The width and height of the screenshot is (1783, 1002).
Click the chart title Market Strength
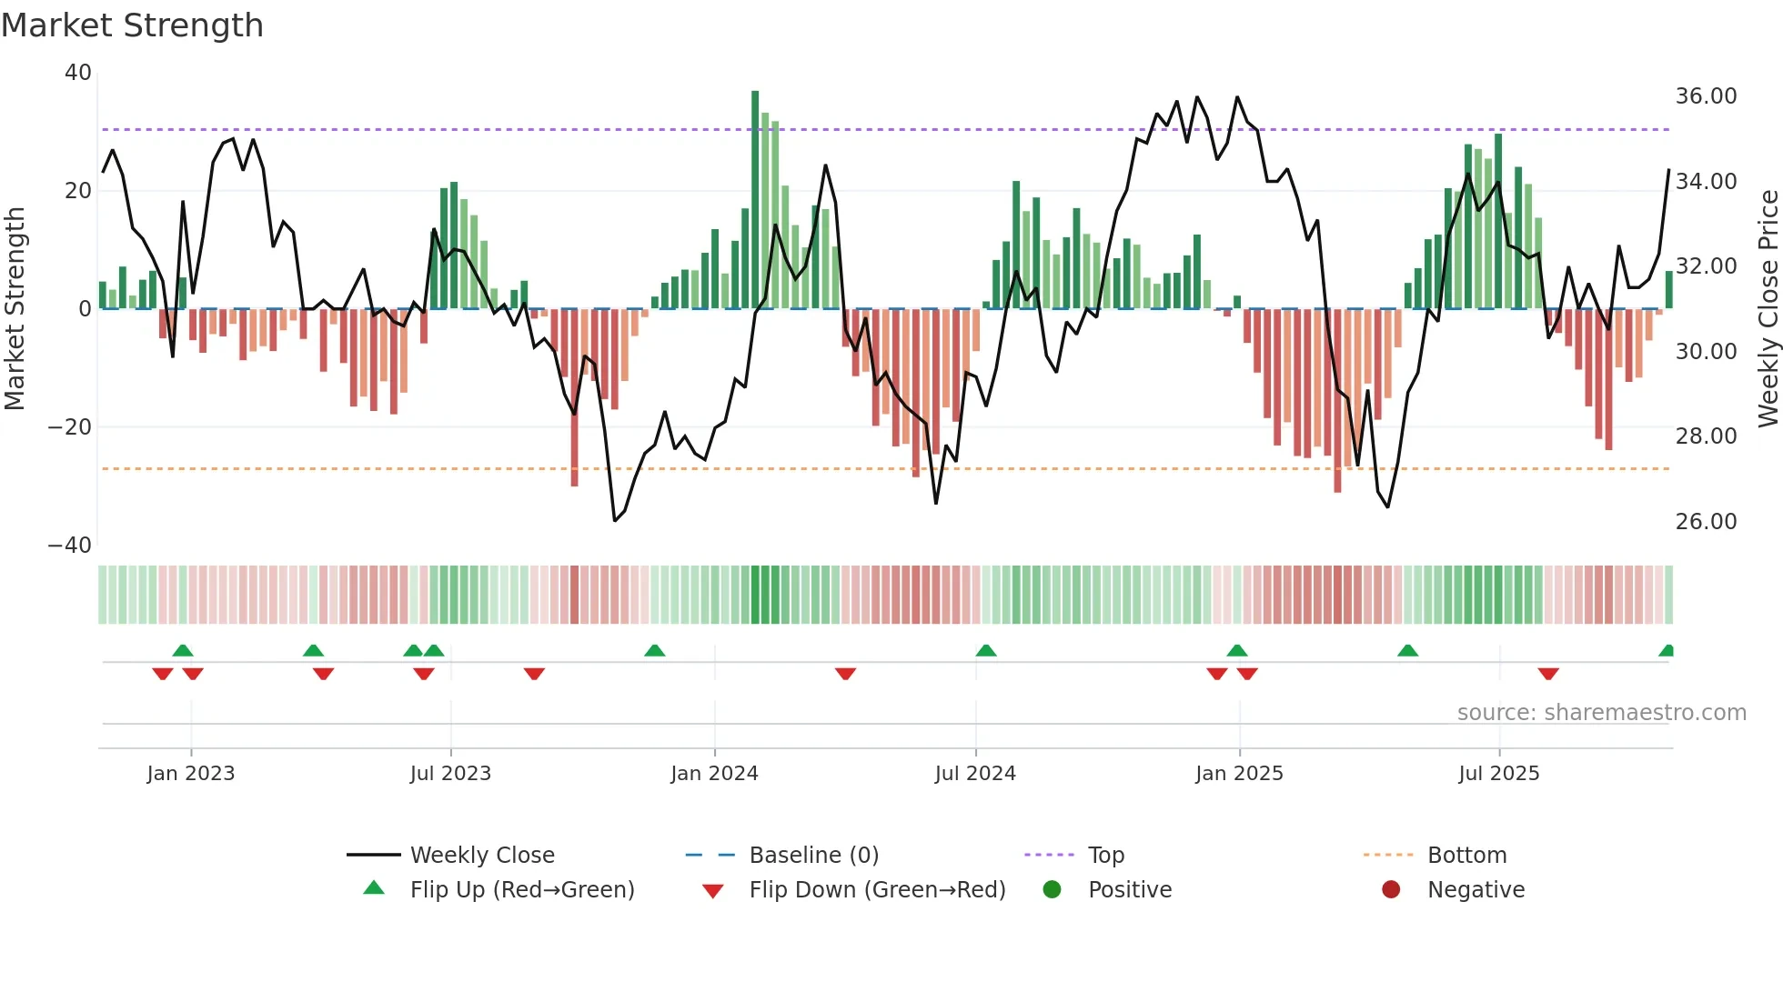pos(132,25)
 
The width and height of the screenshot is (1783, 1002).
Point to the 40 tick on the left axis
pos(78,73)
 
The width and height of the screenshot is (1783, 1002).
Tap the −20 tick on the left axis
pos(71,427)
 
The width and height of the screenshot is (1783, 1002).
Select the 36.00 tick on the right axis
pos(1706,96)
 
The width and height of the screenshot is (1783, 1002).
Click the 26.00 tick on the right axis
pos(1706,522)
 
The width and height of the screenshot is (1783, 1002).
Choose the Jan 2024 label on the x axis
pos(714,774)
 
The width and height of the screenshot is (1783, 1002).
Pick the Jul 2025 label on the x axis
pos(1498,774)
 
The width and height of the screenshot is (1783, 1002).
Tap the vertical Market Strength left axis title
pos(15,309)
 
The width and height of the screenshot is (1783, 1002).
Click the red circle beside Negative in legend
pos(1391,890)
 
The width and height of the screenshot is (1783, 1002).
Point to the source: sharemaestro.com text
pos(1601,713)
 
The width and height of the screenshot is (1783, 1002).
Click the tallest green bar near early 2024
pos(755,200)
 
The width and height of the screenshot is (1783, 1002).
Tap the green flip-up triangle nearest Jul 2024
pos(986,651)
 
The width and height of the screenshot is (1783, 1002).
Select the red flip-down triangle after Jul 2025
pos(1548,674)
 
